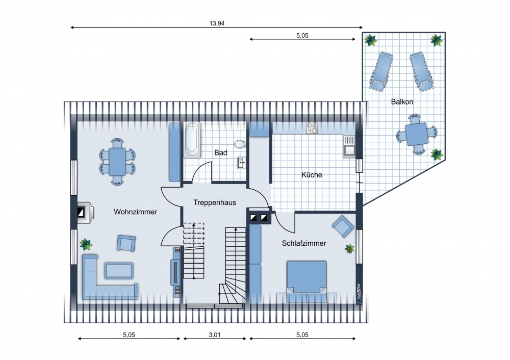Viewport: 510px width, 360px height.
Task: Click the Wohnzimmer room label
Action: [x=135, y=212]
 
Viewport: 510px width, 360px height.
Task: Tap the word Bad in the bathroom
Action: [x=220, y=152]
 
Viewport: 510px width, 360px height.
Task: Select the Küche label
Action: [x=312, y=174]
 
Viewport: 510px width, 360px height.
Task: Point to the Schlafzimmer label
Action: [x=304, y=243]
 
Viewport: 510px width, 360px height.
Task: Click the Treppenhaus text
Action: [x=215, y=202]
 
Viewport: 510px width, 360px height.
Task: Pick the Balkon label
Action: [x=402, y=102]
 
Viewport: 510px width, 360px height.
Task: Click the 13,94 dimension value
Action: [x=217, y=23]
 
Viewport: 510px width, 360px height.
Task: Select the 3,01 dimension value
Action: [x=215, y=335]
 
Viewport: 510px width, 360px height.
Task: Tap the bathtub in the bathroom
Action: [x=192, y=140]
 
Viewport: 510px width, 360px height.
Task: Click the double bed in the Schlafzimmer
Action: [x=307, y=277]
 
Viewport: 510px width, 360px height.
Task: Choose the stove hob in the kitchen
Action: [x=312, y=128]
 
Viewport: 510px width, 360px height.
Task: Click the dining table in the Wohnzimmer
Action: [x=117, y=162]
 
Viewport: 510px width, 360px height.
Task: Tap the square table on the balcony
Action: [x=417, y=134]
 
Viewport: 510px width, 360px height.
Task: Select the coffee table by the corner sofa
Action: [x=119, y=271]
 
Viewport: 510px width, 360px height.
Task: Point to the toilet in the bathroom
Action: [x=240, y=144]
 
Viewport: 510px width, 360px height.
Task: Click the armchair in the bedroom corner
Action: [x=343, y=226]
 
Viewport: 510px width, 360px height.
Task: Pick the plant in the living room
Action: [x=86, y=244]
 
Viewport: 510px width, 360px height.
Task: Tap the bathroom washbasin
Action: [x=241, y=163]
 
